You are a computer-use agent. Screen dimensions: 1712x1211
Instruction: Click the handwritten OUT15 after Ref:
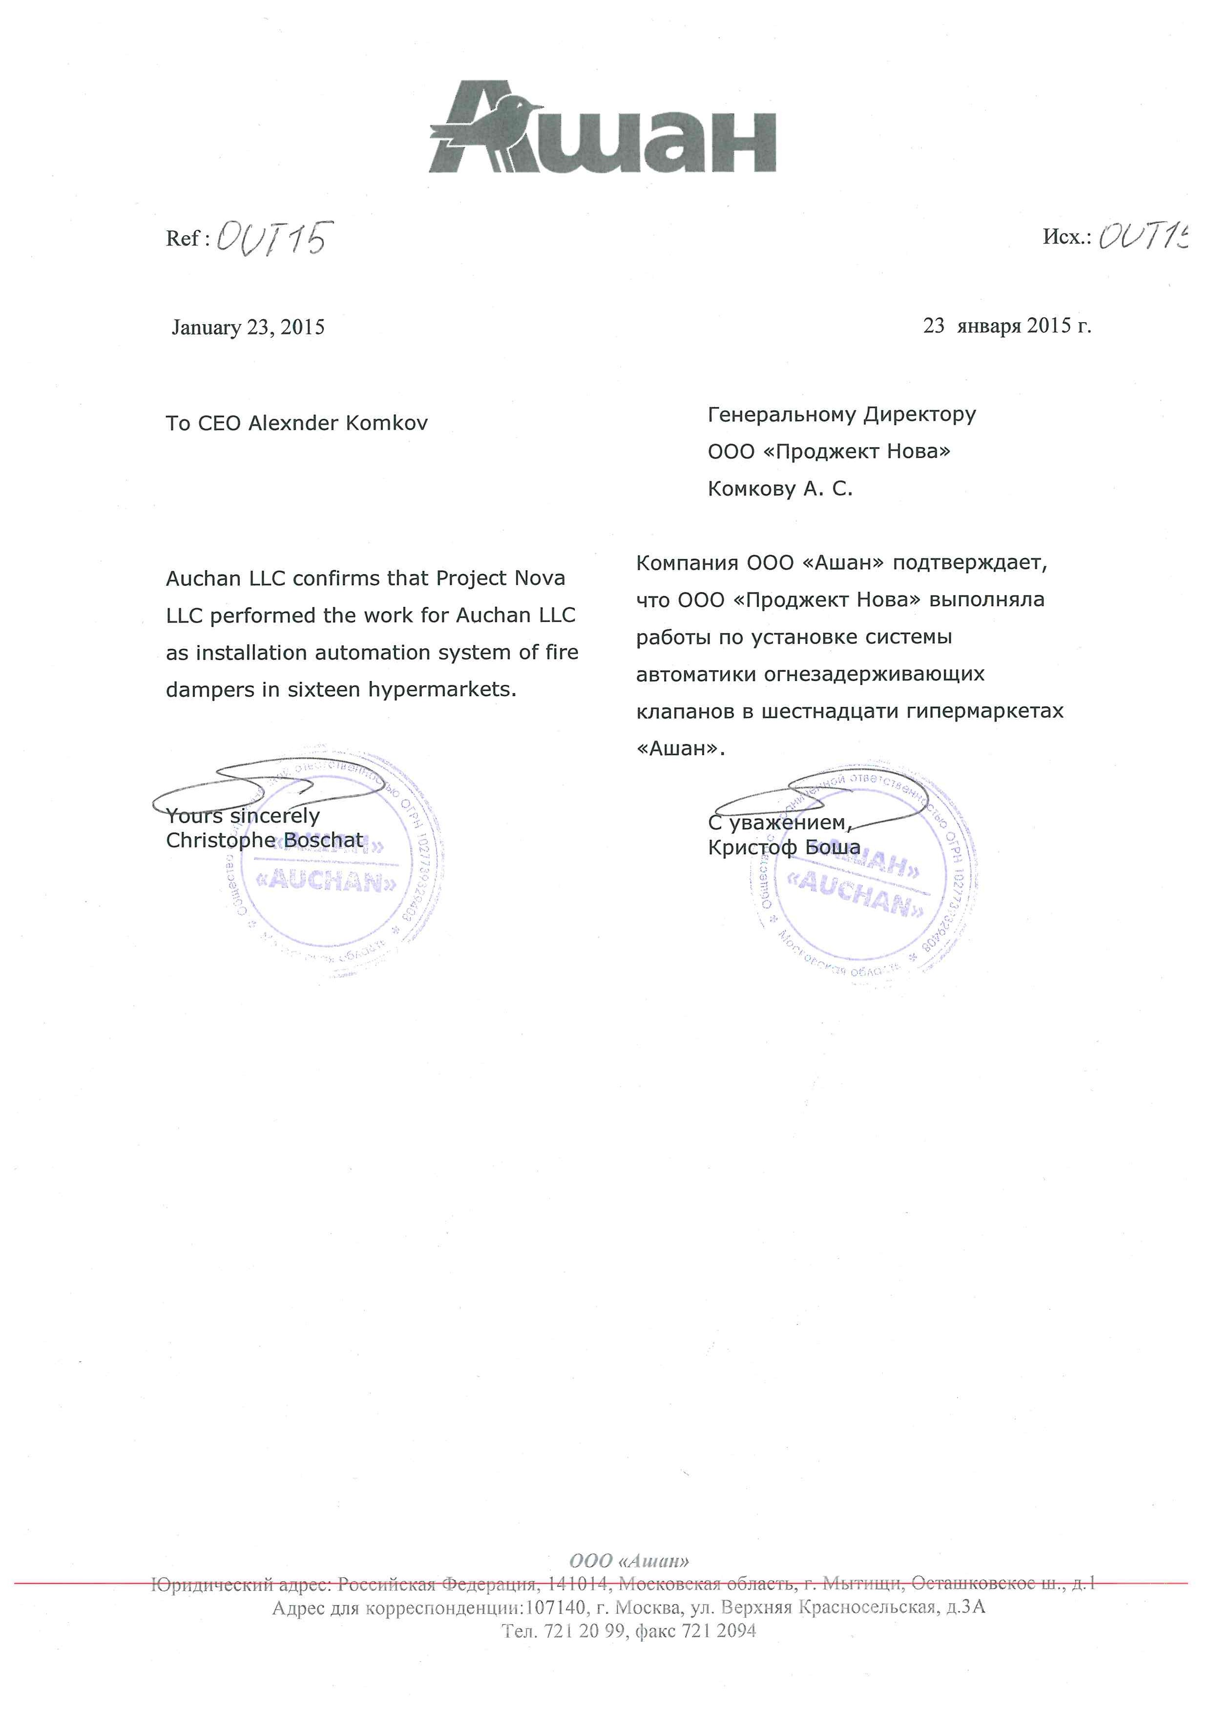pos(271,239)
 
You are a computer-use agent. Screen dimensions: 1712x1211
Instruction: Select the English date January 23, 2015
pos(248,328)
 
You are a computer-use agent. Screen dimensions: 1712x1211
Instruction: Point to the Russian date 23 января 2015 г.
pos(1007,326)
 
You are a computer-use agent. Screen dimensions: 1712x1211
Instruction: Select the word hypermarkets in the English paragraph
pos(442,690)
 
